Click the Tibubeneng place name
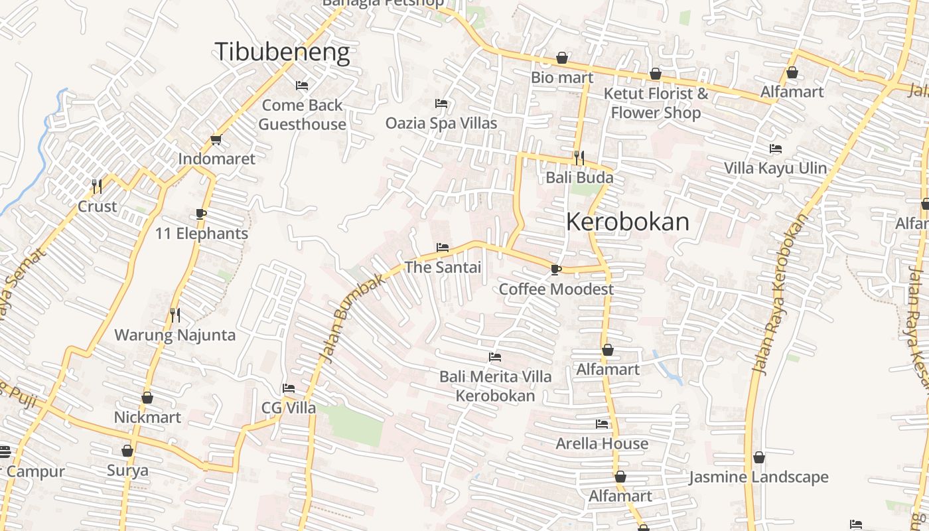(x=282, y=52)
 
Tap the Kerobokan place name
(x=628, y=222)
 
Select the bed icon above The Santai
(x=443, y=248)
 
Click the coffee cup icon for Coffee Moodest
(x=555, y=269)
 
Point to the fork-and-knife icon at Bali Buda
(x=579, y=157)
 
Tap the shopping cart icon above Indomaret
(x=216, y=139)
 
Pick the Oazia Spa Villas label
(x=441, y=123)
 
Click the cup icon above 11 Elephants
(x=201, y=214)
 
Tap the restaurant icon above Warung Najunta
(x=175, y=315)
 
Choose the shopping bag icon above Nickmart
(x=147, y=398)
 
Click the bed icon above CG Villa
(x=288, y=388)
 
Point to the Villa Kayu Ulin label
(x=775, y=168)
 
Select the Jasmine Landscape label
(x=758, y=477)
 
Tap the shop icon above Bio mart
(x=562, y=58)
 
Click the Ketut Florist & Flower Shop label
(x=656, y=103)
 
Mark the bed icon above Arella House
(x=602, y=423)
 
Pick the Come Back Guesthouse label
(x=302, y=114)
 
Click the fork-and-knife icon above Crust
(x=97, y=186)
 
